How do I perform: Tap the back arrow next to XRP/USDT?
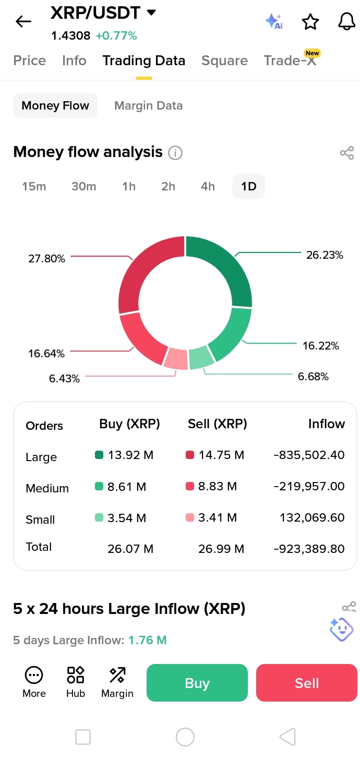tap(23, 21)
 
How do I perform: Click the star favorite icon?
tap(310, 22)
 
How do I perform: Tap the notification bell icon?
tap(346, 21)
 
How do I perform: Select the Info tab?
tap(74, 61)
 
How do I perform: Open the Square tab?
tap(224, 61)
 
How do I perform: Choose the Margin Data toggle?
tap(148, 105)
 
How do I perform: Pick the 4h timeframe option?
tap(208, 186)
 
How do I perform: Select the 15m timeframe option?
tap(34, 186)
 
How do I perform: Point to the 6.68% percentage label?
tap(313, 376)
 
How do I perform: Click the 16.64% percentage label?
tap(46, 354)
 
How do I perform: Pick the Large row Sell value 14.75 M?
tap(221, 455)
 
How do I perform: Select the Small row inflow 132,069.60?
tap(312, 517)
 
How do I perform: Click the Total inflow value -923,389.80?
tap(309, 549)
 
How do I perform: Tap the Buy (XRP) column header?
tap(129, 424)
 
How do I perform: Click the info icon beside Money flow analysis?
tap(175, 153)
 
